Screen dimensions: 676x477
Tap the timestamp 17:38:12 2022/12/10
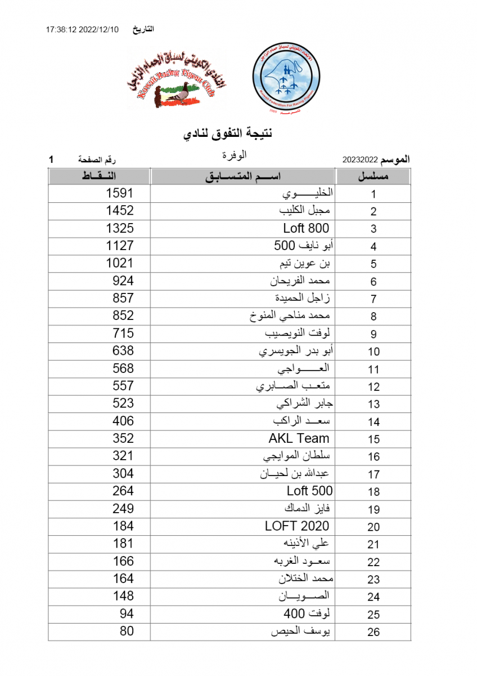83,30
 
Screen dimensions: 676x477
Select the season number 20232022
360,160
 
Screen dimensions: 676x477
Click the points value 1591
120,193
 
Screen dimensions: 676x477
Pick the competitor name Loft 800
306,228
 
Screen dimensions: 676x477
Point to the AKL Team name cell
299,438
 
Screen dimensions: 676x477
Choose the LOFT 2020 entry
297,526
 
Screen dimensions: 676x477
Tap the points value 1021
120,263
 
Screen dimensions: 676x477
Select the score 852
123,316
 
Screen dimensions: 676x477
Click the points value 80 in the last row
127,631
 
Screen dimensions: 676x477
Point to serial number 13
374,404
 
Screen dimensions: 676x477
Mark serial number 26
374,632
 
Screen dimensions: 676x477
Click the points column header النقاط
100,176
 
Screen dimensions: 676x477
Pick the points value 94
127,613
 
